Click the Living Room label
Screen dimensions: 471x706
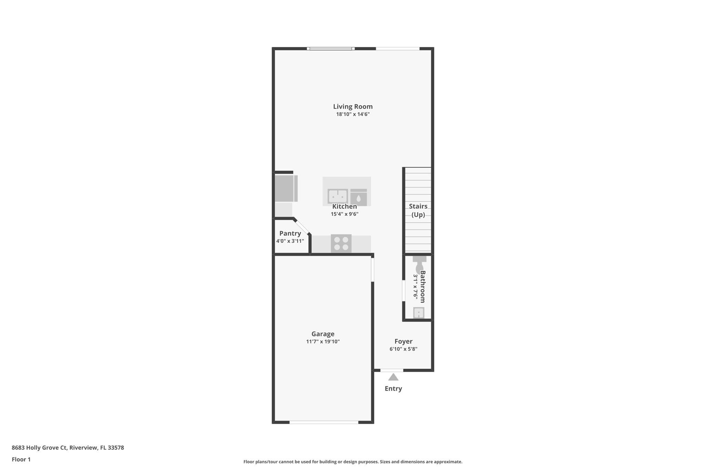point(353,107)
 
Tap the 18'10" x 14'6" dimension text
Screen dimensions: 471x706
point(353,114)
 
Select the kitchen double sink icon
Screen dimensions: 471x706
point(337,196)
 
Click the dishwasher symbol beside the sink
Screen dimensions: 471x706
point(359,197)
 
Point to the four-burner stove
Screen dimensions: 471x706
point(341,243)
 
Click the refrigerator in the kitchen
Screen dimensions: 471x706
point(286,188)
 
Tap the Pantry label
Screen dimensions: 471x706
point(290,234)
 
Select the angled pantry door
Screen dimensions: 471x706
point(302,227)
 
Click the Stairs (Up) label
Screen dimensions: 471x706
point(418,210)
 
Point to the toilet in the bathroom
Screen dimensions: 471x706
point(419,264)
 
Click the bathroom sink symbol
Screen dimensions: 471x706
point(418,313)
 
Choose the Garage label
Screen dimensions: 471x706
point(323,334)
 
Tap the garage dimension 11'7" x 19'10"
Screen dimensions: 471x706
point(323,342)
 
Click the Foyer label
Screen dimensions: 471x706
point(403,341)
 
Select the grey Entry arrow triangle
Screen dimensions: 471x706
point(393,377)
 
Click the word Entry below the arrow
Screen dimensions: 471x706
point(393,389)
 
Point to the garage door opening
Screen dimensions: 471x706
point(324,422)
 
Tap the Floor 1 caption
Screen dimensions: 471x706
point(21,460)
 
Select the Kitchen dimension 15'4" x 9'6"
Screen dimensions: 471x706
point(344,214)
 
